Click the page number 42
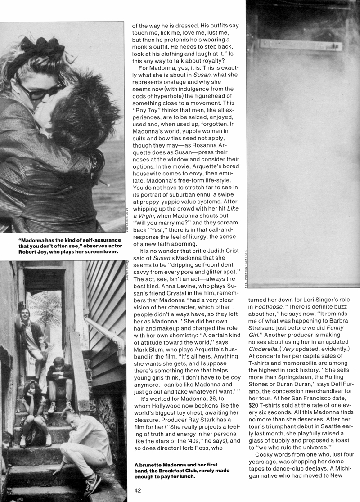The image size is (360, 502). pyautogui.click(x=138, y=491)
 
